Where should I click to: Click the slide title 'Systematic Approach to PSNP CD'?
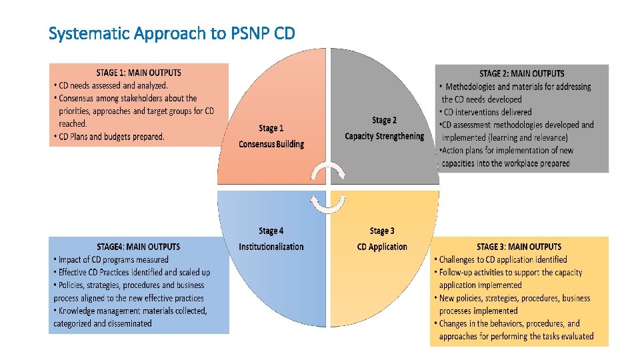pyautogui.click(x=172, y=33)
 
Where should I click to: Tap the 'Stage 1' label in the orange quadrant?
pyautogui.click(x=271, y=128)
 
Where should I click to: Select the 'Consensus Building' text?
pyautogui.click(x=271, y=144)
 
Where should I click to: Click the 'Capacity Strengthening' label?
pyautogui.click(x=384, y=136)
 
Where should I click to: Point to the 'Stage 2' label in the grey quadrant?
pyautogui.click(x=384, y=120)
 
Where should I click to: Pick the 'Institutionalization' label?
pyautogui.click(x=271, y=247)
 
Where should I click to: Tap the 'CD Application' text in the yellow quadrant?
pyautogui.click(x=382, y=247)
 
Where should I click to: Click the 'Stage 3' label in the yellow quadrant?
pyautogui.click(x=382, y=231)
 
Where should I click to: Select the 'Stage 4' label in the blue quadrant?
pyautogui.click(x=271, y=231)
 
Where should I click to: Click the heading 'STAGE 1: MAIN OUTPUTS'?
pyautogui.click(x=139, y=73)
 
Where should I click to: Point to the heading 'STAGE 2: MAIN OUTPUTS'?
pyautogui.click(x=522, y=73)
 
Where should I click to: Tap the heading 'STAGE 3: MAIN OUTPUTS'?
pyautogui.click(x=519, y=247)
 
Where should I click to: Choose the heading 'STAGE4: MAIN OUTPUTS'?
pyautogui.click(x=139, y=247)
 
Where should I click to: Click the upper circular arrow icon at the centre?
pyautogui.click(x=329, y=174)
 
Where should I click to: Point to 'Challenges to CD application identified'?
pyautogui.click(x=503, y=259)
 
